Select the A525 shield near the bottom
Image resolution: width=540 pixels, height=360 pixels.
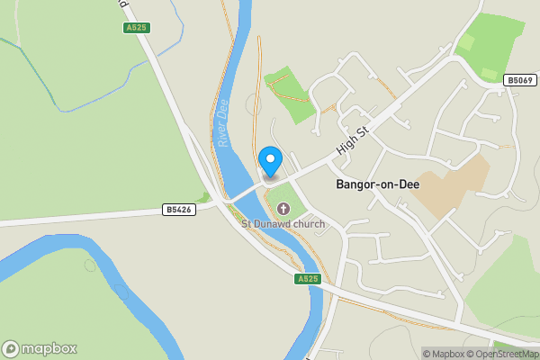tap(308, 279)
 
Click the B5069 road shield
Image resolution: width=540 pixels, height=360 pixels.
tap(519, 80)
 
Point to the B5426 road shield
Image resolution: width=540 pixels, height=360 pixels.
tap(178, 210)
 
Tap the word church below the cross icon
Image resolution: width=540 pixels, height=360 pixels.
tap(310, 223)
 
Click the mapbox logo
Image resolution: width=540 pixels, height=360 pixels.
tap(40, 348)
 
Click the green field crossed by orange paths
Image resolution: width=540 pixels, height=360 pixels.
tap(290, 94)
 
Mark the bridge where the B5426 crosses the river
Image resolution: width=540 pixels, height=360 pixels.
tap(239, 195)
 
